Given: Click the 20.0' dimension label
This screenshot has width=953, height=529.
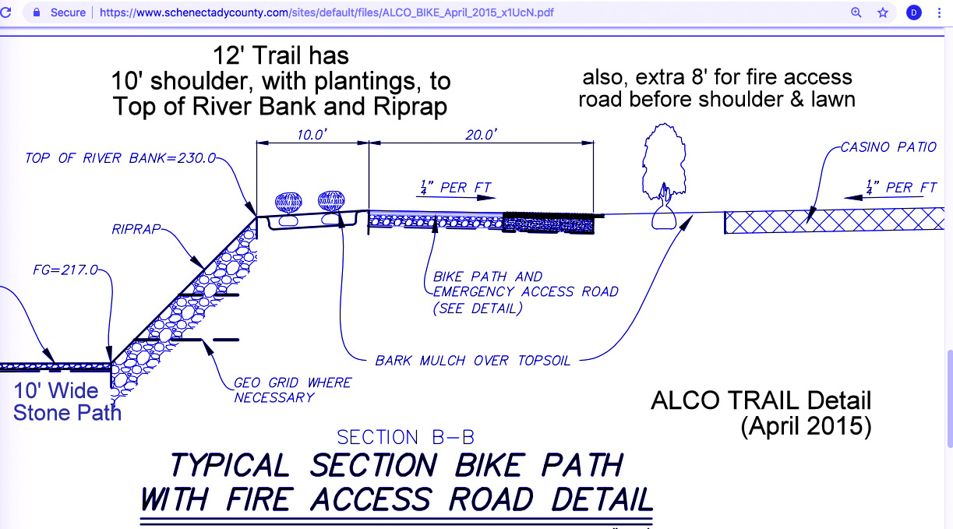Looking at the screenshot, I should click(481, 134).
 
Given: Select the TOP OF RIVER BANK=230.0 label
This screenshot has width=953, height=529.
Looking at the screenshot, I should click(120, 158).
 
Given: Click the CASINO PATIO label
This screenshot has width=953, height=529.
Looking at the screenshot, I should click(888, 147).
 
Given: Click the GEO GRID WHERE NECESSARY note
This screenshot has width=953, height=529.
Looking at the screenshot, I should click(292, 390).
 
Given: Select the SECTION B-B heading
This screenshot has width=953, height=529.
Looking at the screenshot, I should click(405, 438).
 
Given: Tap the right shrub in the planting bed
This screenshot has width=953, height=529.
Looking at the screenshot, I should click(333, 202).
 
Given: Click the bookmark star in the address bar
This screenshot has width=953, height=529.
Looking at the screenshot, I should click(883, 12).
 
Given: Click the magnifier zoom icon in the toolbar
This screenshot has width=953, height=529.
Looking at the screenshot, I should click(856, 12).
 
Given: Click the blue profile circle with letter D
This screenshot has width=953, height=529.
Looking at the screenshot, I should click(913, 12).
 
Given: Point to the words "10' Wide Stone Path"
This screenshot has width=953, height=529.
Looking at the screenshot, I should click(67, 401).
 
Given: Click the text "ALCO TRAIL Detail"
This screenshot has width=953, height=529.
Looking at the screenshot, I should click(761, 401).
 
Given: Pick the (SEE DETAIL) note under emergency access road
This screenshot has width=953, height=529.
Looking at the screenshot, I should click(478, 308).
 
